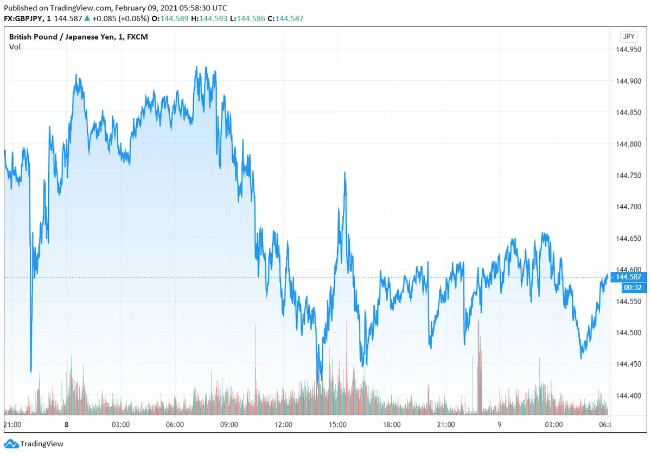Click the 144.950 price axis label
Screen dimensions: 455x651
tap(628, 50)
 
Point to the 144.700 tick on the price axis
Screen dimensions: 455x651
tap(628, 207)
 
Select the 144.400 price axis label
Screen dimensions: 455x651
tap(628, 395)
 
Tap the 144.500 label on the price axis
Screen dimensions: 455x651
tap(628, 332)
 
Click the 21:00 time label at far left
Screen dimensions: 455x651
tap(12, 425)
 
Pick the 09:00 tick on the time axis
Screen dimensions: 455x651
tap(229, 425)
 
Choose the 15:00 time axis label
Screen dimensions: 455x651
tap(337, 425)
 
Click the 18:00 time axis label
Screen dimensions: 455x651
tap(392, 425)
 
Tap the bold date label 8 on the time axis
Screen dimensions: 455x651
tap(66, 425)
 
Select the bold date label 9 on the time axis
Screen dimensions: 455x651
tap(500, 425)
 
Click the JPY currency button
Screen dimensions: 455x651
tap(628, 37)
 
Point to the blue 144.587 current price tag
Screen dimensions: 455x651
tap(628, 277)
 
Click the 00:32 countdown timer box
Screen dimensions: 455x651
tap(628, 287)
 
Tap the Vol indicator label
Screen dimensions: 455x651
tap(15, 47)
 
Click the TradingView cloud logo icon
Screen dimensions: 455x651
tap(11, 444)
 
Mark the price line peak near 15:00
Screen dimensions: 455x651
tap(344, 173)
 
